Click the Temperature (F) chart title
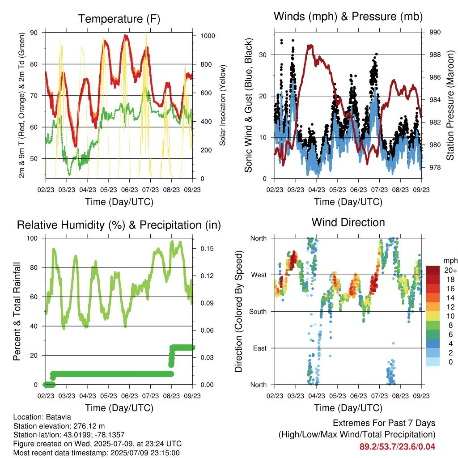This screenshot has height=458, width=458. (119, 19)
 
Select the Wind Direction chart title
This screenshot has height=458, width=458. (348, 222)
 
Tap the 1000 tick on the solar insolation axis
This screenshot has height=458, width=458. (208, 36)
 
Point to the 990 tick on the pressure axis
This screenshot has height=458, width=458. (435, 32)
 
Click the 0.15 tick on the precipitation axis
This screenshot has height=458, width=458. (207, 249)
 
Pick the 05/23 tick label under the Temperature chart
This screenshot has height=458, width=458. (109, 190)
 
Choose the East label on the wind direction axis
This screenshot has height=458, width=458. (260, 348)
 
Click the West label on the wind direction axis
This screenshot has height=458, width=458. (259, 275)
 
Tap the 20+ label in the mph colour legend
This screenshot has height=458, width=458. (450, 270)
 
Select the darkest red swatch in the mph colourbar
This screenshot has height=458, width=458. (433, 270)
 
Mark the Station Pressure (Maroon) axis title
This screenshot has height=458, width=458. (450, 105)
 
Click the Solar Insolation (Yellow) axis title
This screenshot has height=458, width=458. (223, 105)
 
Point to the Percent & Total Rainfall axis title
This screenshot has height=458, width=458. (17, 311)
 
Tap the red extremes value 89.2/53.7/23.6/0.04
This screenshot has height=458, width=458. (397, 447)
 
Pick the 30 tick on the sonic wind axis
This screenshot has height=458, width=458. (263, 55)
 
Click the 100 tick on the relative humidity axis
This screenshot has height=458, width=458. (32, 238)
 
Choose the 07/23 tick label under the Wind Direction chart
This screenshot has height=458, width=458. (379, 396)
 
